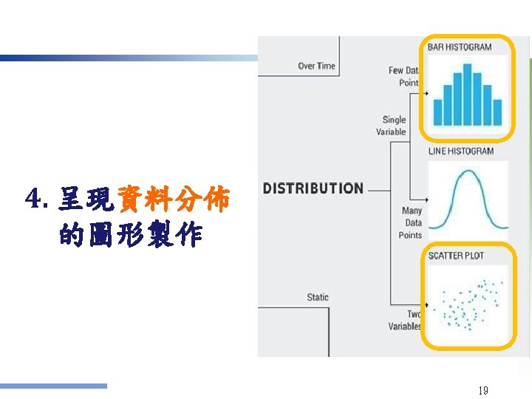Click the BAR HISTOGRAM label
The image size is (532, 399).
coord(460,47)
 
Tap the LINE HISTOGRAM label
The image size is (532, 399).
coord(461,151)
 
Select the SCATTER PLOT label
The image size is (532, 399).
coord(456,256)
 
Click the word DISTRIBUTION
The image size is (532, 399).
coord(313,188)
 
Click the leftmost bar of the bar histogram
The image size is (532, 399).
coord(437,112)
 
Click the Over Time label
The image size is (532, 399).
coord(316,66)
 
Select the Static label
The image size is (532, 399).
coord(318,297)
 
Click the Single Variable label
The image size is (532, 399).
coord(392,126)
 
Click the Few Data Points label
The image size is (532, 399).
coord(404,77)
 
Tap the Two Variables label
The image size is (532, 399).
coord(406,320)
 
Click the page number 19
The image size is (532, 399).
coord(483,390)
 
